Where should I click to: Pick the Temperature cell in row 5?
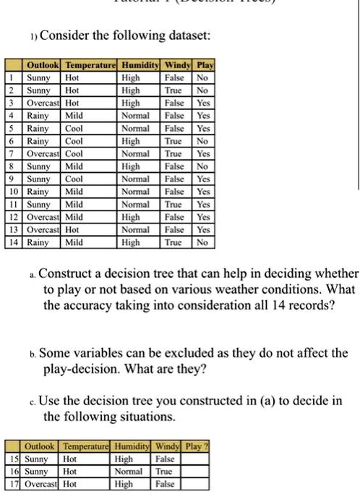tap(74, 127)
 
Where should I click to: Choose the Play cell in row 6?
tap(203, 140)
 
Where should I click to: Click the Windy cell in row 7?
tap(176, 153)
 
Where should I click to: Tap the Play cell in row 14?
tap(203, 243)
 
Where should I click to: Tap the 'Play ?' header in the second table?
tap(196, 445)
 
